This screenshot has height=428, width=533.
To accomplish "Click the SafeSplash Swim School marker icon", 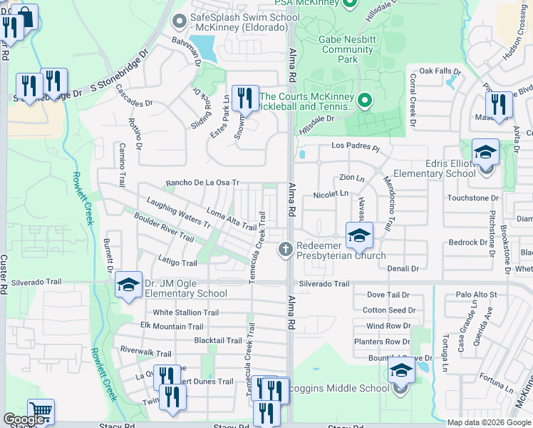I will [178, 21].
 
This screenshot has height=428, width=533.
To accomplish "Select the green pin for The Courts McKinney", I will [365, 101].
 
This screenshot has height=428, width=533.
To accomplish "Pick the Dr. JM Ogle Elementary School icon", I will [128, 285].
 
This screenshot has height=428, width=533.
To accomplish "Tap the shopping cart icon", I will [41, 412].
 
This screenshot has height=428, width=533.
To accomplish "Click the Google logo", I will [24, 419].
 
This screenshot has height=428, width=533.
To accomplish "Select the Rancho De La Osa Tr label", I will [202, 183].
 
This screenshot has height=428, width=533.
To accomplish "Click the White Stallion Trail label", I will [186, 312].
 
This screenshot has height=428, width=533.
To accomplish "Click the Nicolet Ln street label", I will [331, 193].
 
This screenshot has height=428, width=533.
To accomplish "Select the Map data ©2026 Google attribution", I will [489, 422].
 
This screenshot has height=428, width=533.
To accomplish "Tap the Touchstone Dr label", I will [472, 198].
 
